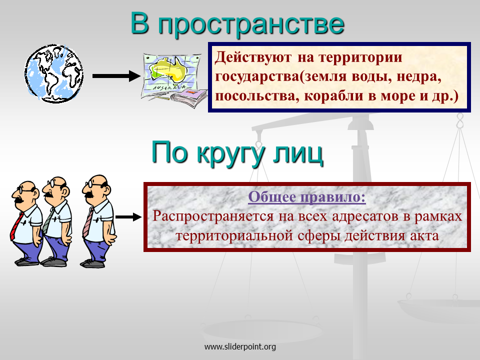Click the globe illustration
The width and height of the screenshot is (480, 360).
point(54,73)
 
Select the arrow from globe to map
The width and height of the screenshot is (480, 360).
point(116,76)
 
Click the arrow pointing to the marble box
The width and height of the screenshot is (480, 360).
point(128,217)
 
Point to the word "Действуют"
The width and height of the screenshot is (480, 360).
point(253,57)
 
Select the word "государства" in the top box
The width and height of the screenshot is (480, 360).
point(257,76)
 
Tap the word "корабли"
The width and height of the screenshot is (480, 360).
point(334,96)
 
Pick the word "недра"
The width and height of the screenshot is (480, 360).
point(419,76)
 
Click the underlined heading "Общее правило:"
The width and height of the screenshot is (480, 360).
point(306,197)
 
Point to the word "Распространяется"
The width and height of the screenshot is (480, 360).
point(213,216)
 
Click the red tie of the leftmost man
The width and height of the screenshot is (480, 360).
point(16,226)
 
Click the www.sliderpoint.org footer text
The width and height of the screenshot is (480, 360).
point(240,347)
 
